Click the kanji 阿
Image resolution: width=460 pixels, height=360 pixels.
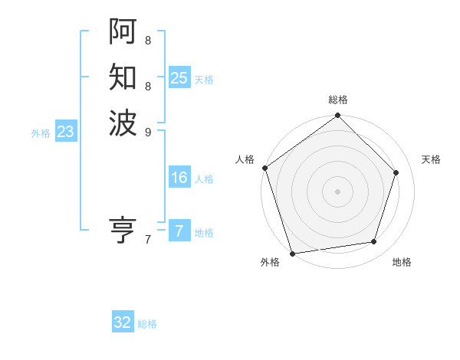coord(123,31)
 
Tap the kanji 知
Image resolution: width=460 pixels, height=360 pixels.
coord(123,77)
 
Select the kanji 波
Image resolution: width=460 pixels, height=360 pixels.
coord(123,123)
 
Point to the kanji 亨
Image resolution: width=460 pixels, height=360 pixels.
coord(123,230)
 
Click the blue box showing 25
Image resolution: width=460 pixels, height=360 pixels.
coord(179,77)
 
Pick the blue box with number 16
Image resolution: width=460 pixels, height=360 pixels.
coord(179,178)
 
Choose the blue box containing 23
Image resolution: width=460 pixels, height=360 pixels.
coord(65,132)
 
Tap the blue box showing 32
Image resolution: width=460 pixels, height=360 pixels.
coord(123,322)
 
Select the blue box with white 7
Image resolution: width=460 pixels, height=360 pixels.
coord(179,231)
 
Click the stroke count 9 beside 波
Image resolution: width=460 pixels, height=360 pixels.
coord(147,132)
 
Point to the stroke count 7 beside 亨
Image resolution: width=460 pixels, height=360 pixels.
coord(147,240)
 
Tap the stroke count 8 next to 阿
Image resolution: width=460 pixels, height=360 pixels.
coord(147,40)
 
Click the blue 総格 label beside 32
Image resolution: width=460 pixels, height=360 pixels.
coord(147,324)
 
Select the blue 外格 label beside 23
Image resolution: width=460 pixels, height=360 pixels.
coord(41,133)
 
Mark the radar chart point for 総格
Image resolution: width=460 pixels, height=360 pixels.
coord(337,116)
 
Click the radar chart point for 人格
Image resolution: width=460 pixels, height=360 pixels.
coord(265,168)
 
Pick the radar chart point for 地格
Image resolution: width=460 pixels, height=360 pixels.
coord(374,242)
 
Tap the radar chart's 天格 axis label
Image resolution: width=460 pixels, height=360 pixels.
coord(431,159)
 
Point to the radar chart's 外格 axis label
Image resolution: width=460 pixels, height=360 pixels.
coord(270,263)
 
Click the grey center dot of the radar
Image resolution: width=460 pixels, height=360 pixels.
coord(337,191)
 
